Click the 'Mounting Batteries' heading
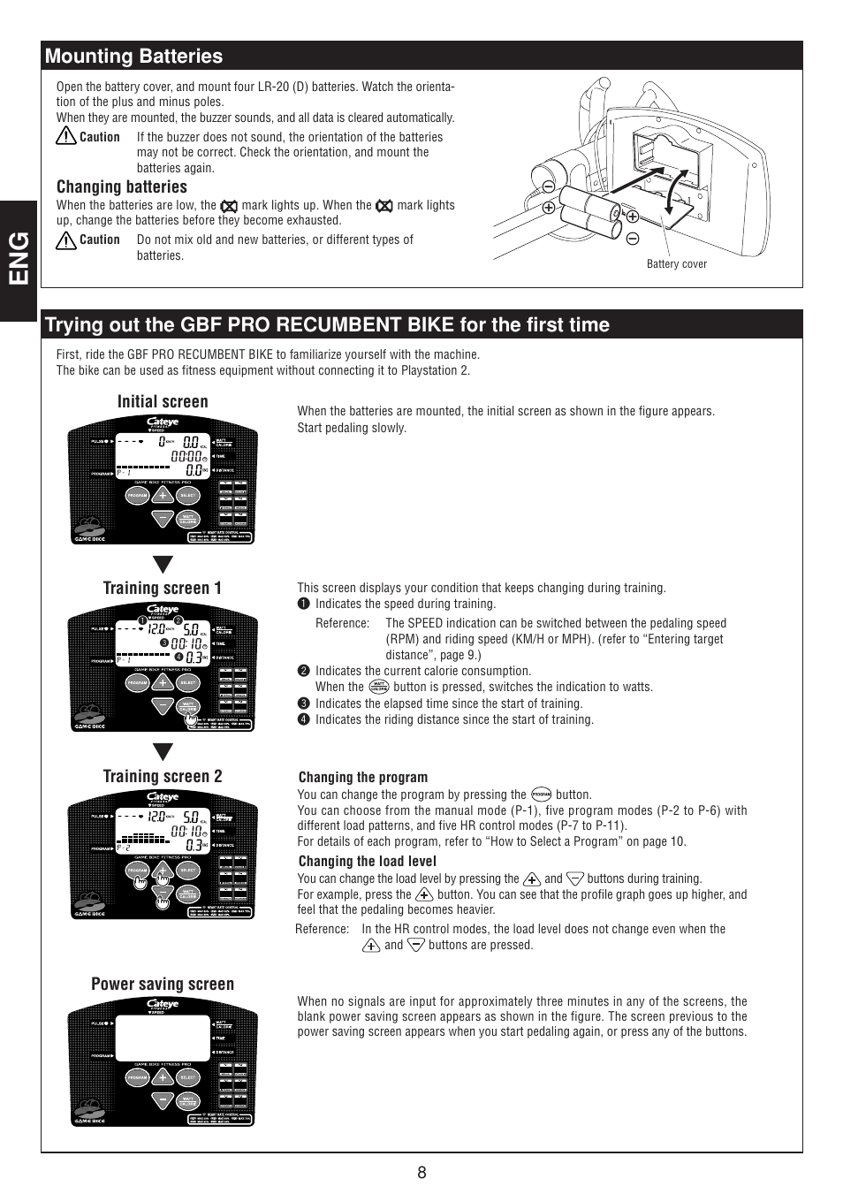click(x=133, y=57)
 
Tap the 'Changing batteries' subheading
click(x=122, y=187)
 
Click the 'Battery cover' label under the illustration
click(x=676, y=264)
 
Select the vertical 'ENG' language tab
click(x=19, y=258)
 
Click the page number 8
click(x=421, y=1173)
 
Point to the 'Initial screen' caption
click(x=163, y=402)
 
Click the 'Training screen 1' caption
click(x=163, y=589)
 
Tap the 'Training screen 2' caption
click(x=163, y=777)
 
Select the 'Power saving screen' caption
click(x=163, y=985)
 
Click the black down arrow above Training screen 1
click(x=163, y=565)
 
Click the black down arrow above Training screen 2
click(x=163, y=752)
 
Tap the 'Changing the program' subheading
click(x=363, y=778)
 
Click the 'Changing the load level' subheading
click(x=367, y=862)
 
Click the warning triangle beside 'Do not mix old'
click(x=66, y=240)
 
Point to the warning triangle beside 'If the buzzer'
click(x=66, y=137)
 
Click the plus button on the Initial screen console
click(x=163, y=496)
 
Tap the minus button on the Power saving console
click(x=163, y=1100)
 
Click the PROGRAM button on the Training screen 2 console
click(x=137, y=871)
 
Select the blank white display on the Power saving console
click(x=163, y=1038)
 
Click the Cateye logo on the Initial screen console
click(x=163, y=422)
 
